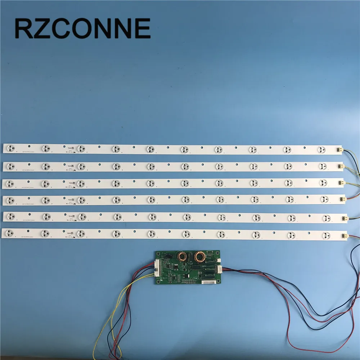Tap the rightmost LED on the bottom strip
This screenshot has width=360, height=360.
[326, 236]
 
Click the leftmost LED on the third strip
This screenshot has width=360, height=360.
[11, 183]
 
